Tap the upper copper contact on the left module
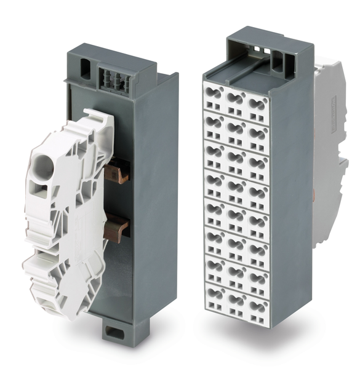point(116,173)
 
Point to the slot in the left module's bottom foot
point(114,332)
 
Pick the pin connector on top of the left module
point(111,80)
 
